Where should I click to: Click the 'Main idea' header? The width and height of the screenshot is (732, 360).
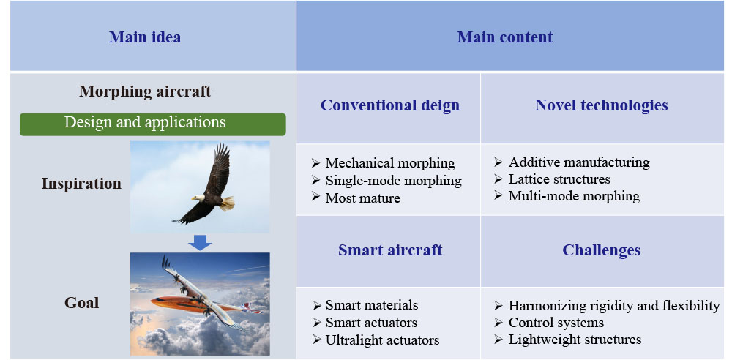click(145, 37)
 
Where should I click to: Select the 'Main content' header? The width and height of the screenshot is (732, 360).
click(504, 37)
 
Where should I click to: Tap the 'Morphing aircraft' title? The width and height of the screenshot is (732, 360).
click(145, 91)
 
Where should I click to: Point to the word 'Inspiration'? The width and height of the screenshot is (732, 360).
click(81, 184)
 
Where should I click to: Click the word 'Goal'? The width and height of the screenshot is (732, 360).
click(82, 303)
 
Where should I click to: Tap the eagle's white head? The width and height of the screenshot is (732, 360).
click(198, 198)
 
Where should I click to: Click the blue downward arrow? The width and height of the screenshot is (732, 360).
click(201, 242)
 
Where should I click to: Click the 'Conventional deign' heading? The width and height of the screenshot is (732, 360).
click(390, 105)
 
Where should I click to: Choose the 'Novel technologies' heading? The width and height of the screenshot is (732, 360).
click(601, 105)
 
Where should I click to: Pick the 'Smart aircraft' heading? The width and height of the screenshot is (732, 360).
click(390, 250)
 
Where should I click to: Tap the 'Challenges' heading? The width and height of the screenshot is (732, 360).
click(601, 250)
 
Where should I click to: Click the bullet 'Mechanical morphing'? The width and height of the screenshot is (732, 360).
click(390, 163)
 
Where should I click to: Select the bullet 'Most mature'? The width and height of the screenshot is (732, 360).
click(363, 198)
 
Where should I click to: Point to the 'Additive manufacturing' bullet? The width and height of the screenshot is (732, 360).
click(579, 162)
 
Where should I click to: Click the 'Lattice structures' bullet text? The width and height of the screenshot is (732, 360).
click(559, 179)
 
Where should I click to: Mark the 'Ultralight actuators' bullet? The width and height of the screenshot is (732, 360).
click(382, 340)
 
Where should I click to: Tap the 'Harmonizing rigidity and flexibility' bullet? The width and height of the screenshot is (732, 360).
click(614, 306)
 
